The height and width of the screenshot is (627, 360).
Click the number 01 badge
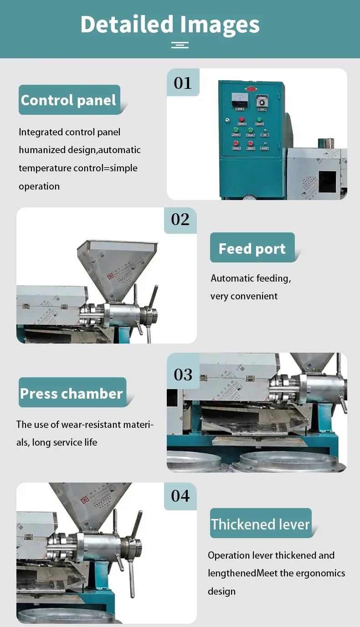tap(183, 83)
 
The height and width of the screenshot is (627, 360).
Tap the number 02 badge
tap(180, 220)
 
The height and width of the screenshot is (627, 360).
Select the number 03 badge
tap(183, 375)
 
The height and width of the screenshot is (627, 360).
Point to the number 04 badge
tap(180, 495)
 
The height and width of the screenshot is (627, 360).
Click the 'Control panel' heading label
tap(69, 100)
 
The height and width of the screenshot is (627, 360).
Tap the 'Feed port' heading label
tap(252, 248)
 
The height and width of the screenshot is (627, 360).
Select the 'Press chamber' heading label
tap(72, 393)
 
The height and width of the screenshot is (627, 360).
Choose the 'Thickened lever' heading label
tap(260, 524)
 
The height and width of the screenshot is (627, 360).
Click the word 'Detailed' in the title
tap(127, 24)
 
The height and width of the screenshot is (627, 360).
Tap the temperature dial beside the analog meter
tap(260, 100)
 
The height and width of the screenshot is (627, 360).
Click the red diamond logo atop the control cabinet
tap(250, 88)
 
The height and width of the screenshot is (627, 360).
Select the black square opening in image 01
tap(327, 181)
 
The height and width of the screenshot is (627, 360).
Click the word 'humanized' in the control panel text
tap(40, 150)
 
